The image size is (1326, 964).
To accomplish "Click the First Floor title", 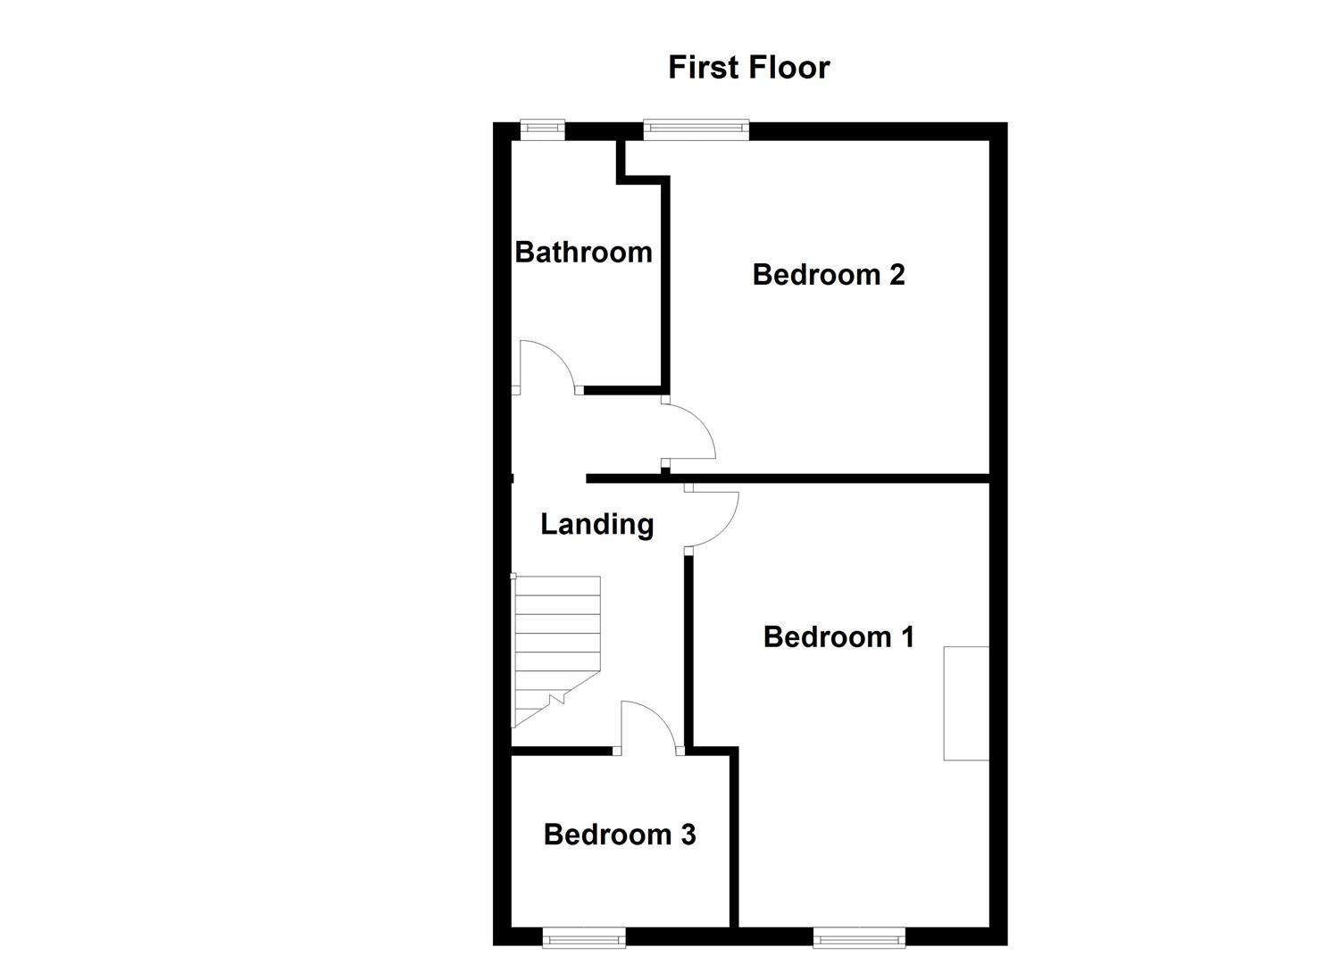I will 748,68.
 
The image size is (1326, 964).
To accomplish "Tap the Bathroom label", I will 583,253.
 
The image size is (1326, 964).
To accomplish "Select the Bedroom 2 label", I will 828,275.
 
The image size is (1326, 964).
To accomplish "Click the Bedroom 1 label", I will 838,637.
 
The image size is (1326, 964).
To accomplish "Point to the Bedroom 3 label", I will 619,835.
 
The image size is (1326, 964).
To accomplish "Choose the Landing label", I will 596,525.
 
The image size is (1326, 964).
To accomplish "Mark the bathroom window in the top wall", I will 543,129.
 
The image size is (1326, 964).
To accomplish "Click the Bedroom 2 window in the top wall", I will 696,129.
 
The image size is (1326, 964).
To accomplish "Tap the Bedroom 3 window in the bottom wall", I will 584,936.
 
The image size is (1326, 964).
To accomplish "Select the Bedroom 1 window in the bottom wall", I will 859,936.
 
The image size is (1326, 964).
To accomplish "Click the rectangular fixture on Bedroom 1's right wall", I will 966,703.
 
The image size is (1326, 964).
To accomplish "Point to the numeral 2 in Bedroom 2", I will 897,275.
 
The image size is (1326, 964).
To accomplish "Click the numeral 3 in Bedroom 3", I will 688,835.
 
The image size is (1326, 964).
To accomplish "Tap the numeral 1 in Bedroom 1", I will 906,637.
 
